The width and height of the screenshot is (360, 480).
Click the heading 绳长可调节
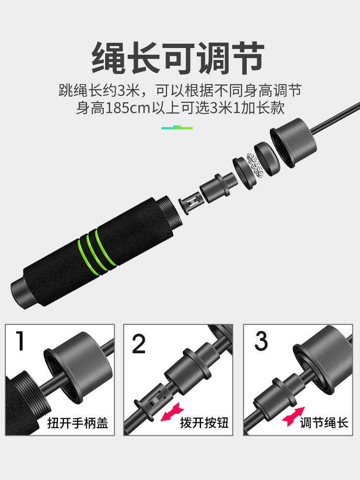coord(178,58)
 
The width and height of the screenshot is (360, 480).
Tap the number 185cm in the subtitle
coord(129,108)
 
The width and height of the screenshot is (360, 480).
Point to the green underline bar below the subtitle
coord(177,127)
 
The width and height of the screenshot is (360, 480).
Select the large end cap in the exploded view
coord(292,143)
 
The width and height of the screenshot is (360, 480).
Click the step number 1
coord(20,340)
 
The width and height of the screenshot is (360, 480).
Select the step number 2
coord(139,344)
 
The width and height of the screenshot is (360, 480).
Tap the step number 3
coord(261,341)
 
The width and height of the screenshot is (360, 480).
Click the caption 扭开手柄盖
coord(78,423)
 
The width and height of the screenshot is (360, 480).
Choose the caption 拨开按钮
coord(204,423)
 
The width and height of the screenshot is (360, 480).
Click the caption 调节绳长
coord(324,423)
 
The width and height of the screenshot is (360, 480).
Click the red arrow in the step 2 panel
coord(172,412)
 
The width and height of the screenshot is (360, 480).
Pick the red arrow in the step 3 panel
coord(293,416)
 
